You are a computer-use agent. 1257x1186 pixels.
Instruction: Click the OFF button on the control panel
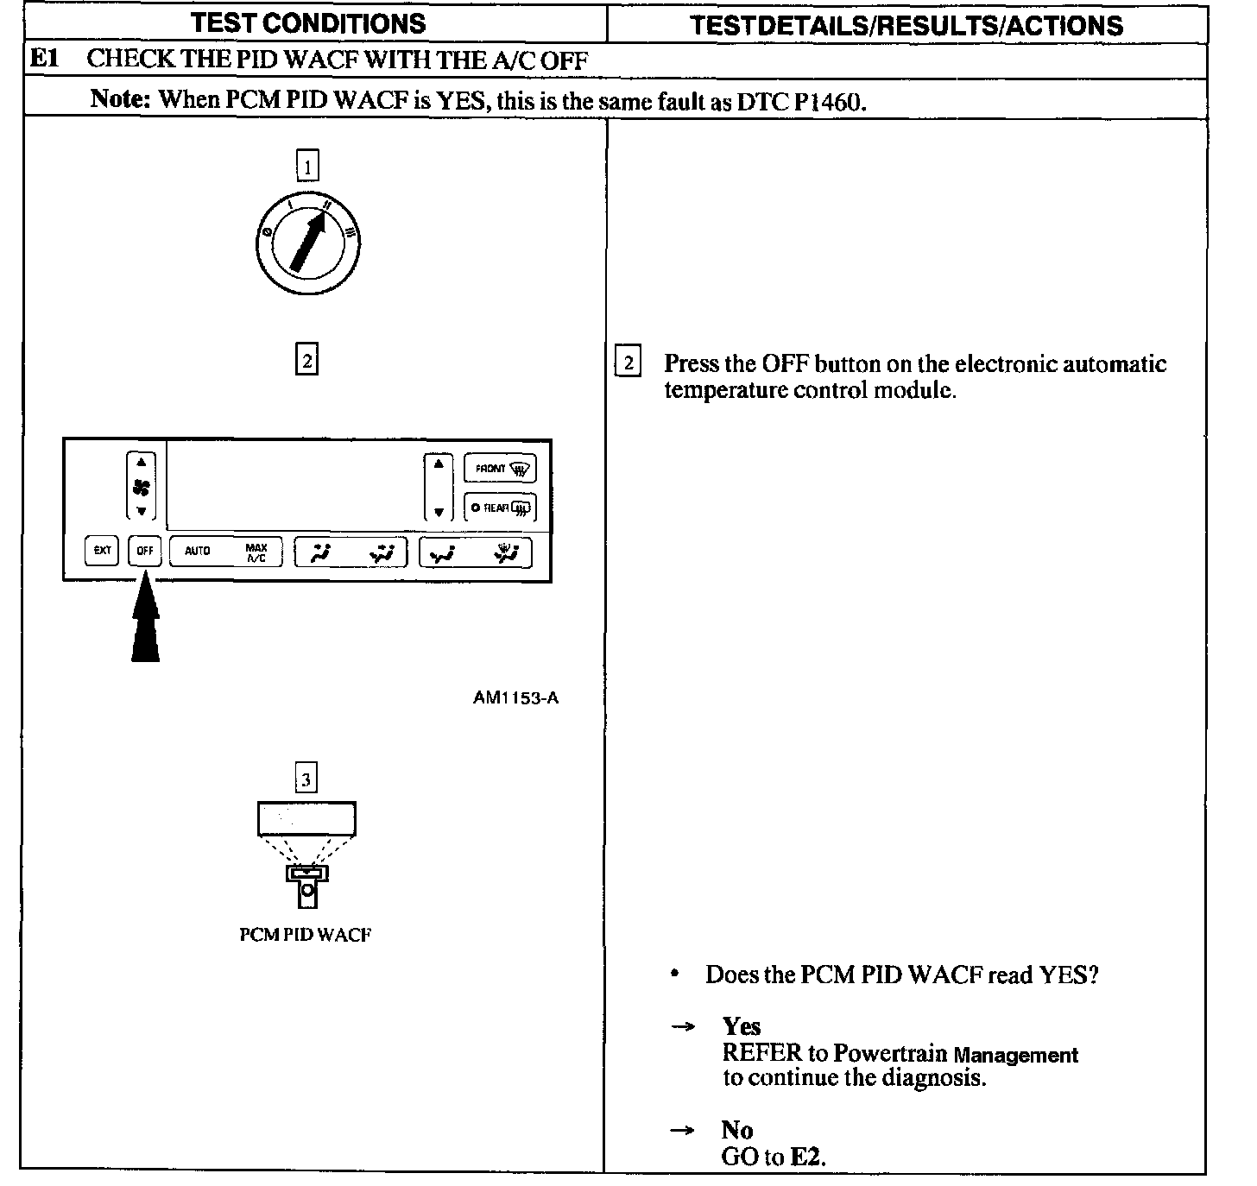click(x=145, y=550)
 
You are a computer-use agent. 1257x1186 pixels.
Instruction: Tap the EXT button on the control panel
click(x=102, y=550)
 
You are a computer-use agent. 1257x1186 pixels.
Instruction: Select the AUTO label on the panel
click(x=198, y=551)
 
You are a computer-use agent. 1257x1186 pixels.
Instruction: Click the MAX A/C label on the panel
click(x=256, y=552)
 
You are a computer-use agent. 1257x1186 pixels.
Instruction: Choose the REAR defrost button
click(x=501, y=508)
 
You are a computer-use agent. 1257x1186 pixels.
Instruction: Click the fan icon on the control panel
click(x=142, y=488)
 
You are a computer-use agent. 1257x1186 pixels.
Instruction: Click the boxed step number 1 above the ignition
click(x=307, y=166)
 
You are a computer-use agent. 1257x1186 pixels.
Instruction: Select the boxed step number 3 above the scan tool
click(x=306, y=780)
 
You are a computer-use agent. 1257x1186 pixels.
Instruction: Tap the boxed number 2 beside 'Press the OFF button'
click(x=628, y=363)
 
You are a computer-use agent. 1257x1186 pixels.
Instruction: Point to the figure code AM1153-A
click(x=515, y=697)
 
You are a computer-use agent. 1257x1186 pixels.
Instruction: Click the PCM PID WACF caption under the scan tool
click(x=306, y=935)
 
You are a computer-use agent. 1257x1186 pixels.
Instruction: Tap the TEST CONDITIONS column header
click(x=308, y=23)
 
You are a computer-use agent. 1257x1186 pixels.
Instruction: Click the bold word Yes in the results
click(x=742, y=1026)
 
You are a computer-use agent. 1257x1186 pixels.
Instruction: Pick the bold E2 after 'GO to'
click(x=807, y=1157)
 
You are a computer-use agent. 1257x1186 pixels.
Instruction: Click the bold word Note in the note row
click(x=121, y=99)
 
